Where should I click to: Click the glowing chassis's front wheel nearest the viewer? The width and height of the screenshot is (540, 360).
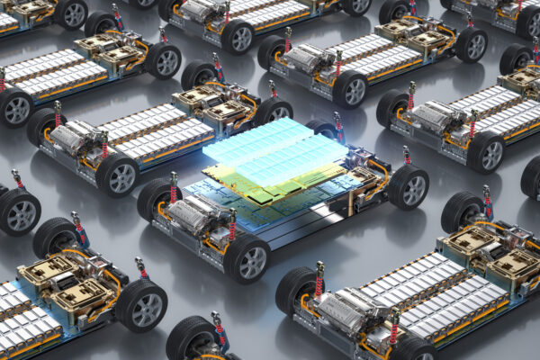pos(247,259)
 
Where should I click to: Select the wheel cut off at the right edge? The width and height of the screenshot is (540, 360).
pos(531,175)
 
